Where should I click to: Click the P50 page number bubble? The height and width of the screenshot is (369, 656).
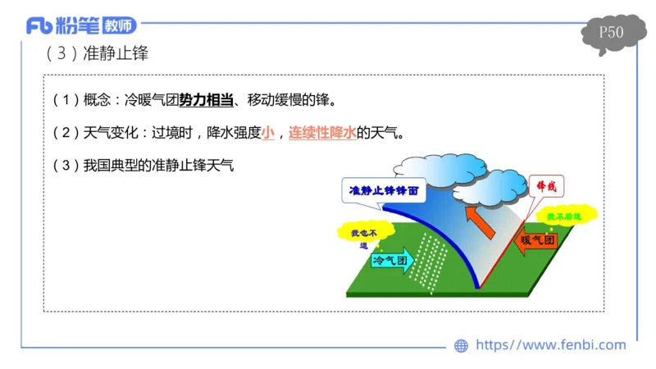click(611, 34)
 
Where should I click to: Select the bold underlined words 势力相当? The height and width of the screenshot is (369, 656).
click(207, 100)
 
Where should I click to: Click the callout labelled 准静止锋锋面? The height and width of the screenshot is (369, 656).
click(384, 189)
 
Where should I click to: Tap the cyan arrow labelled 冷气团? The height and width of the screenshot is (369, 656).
click(394, 260)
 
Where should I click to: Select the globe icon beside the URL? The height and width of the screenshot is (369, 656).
click(462, 346)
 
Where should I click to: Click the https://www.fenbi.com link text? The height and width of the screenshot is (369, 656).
click(550, 345)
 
